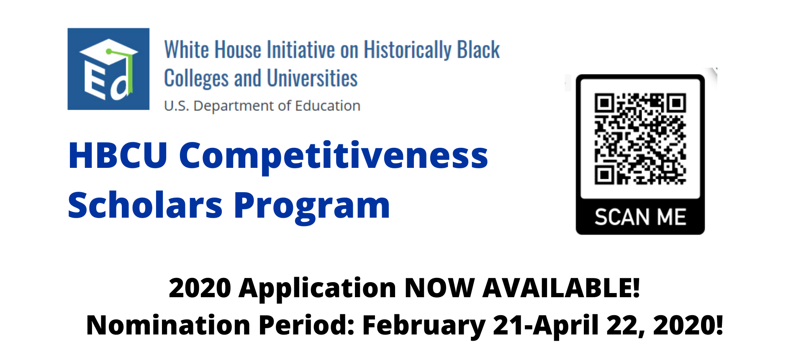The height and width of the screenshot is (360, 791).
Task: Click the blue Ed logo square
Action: (x=108, y=69)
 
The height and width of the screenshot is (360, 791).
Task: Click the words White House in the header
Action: (x=213, y=50)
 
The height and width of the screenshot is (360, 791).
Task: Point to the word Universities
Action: (x=312, y=78)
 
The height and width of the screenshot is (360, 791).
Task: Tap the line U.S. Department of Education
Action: (x=262, y=106)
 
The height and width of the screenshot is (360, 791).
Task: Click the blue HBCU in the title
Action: (x=118, y=155)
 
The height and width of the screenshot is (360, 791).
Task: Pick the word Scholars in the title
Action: (x=145, y=205)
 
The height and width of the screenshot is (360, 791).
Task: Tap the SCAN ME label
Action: (x=640, y=217)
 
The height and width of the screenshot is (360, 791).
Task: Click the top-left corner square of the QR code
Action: (x=604, y=103)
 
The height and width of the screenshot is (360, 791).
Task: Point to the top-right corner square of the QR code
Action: (x=676, y=103)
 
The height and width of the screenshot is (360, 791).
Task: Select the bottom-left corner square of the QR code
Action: (x=604, y=175)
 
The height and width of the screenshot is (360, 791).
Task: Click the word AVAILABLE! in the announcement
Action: (x=561, y=288)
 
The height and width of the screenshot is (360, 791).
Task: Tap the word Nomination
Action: (x=168, y=325)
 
